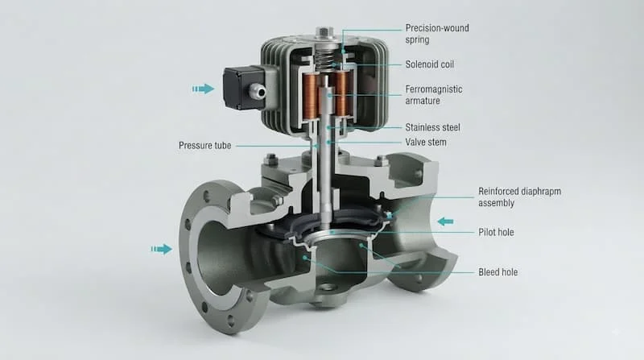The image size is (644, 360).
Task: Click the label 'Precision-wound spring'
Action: coord(437,34)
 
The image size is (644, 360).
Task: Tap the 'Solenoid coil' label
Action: coord(430,64)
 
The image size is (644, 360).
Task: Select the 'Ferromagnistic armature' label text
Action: coord(434,95)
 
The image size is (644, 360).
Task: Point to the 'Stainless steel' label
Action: coord(432,127)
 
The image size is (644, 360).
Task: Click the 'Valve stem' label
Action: coord(426,143)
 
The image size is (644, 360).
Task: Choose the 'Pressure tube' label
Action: coord(204,146)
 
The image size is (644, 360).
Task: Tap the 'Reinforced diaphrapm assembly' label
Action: coord(519,197)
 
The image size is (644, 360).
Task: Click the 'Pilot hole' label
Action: coord(496,232)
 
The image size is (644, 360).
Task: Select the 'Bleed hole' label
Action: coord(497,272)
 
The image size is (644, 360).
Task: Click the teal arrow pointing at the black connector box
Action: coord(204,89)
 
